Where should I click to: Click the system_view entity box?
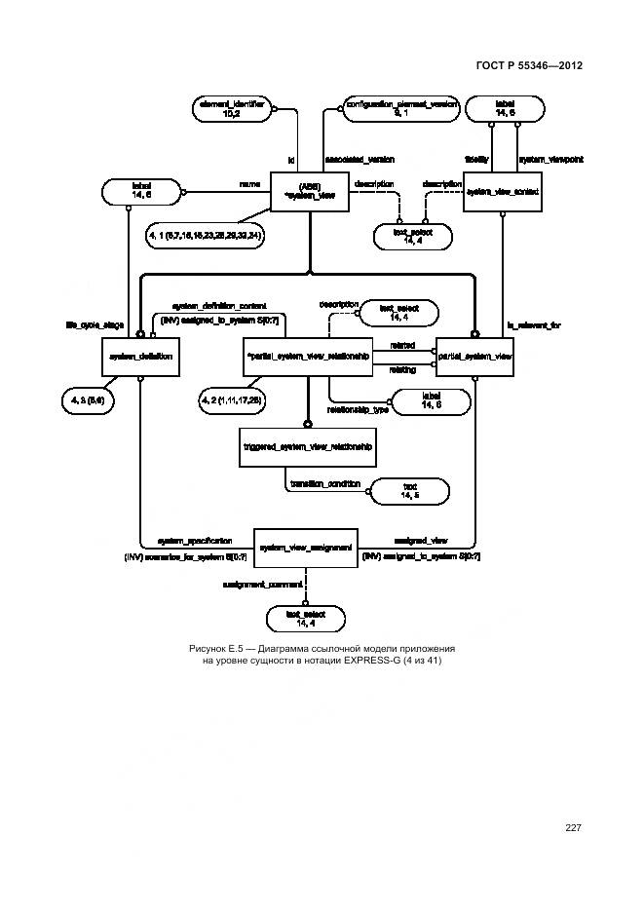pyautogui.click(x=309, y=192)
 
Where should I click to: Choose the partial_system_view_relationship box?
pyautogui.click(x=308, y=358)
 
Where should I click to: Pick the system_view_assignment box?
pyautogui.click(x=306, y=549)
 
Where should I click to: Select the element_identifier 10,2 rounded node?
pyautogui.click(x=231, y=108)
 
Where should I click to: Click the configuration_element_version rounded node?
pyautogui.click(x=400, y=108)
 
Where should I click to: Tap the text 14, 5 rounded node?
pyautogui.click(x=409, y=491)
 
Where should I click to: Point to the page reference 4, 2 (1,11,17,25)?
pyautogui.click(x=234, y=399)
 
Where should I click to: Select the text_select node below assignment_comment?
pyautogui.click(x=306, y=617)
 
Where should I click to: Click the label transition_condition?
pyautogui.click(x=324, y=484)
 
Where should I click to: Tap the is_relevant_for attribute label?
pyautogui.click(x=534, y=325)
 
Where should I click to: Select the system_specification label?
pyautogui.click(x=195, y=540)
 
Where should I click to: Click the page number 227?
pyautogui.click(x=573, y=828)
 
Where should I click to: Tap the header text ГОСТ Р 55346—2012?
pyautogui.click(x=531, y=65)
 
